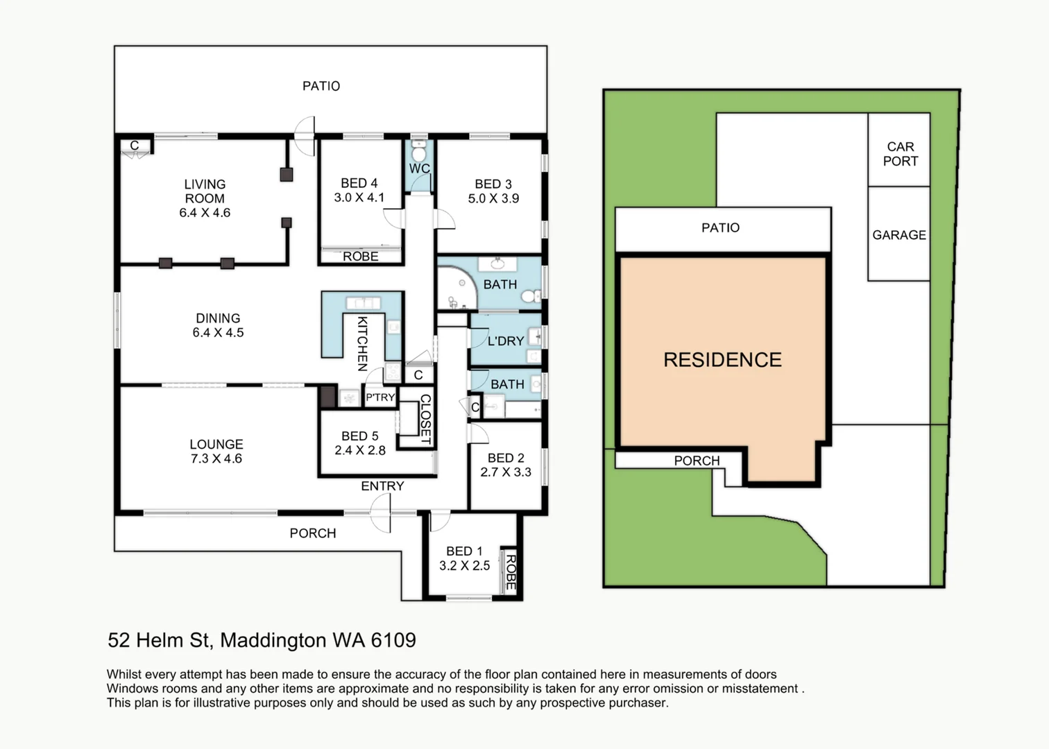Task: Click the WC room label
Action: coord(419,169)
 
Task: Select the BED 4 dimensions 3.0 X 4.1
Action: coord(359,198)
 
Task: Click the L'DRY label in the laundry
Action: coord(506,341)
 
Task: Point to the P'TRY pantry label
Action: coord(380,397)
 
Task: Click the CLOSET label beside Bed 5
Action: coord(425,419)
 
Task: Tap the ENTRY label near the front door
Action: coord(382,486)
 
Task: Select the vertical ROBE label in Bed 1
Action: coord(511,572)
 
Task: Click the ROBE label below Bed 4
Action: coord(361,257)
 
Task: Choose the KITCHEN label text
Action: coord(362,343)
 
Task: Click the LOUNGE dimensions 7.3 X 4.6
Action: coord(216,458)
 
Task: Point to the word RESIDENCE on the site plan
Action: coord(723,359)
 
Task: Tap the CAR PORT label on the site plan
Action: coord(901,154)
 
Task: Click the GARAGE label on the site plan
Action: coord(899,235)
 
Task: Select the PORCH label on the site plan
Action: coord(697,460)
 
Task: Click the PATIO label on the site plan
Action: coord(721,228)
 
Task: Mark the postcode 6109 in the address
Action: coord(393,640)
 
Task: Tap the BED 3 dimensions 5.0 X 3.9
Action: coord(493,198)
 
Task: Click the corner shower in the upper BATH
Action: coord(457,288)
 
